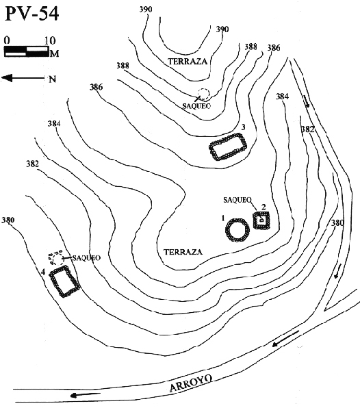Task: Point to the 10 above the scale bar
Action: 48,40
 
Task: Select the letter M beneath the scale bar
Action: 52,52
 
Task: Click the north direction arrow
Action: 21,78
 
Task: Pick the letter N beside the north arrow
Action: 51,79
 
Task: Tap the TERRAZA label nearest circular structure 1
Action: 183,251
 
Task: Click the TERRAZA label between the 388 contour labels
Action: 187,62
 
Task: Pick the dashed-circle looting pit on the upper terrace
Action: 203,95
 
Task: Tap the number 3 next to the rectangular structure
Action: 243,127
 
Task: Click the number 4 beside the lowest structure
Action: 43,272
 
